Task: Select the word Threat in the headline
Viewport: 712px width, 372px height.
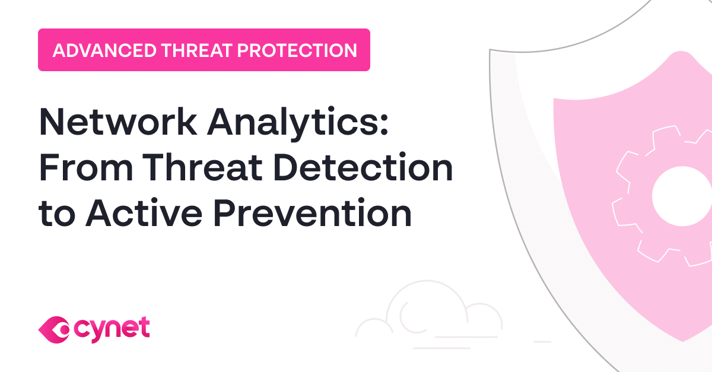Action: (187, 168)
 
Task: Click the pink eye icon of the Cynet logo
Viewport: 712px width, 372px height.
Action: (54, 328)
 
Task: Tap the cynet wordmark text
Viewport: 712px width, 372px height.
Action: (113, 328)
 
